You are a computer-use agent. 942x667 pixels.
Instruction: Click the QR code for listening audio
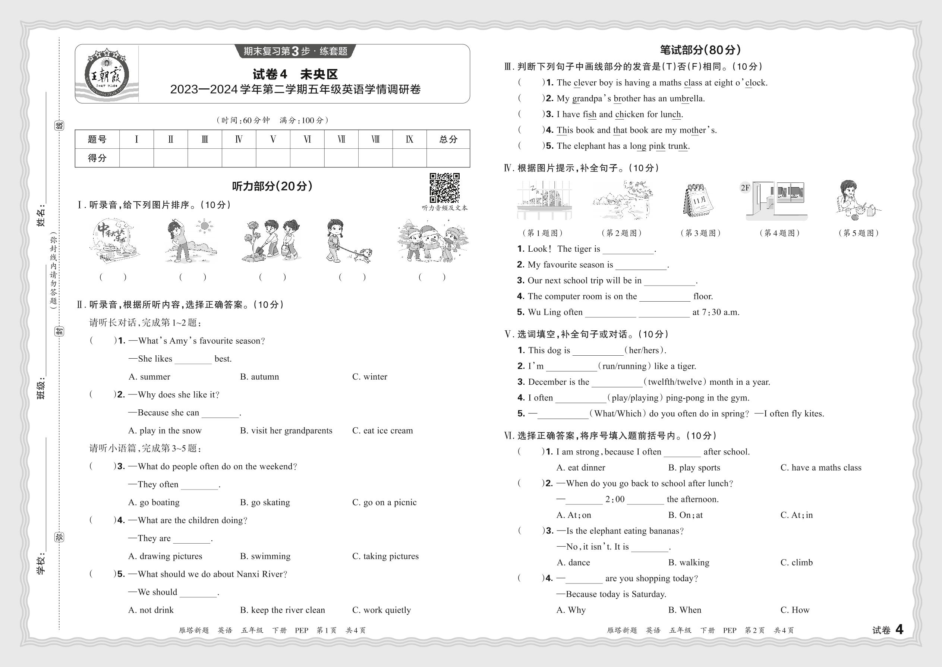point(444,188)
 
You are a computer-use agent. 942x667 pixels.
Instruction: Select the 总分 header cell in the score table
point(448,139)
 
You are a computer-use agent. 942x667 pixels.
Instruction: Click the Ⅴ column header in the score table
point(272,139)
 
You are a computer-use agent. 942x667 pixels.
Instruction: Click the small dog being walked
point(363,255)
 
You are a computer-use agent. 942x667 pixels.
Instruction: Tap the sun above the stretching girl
point(204,226)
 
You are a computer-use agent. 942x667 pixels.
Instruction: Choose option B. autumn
point(259,377)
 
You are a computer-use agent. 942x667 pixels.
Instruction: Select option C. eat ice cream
point(382,430)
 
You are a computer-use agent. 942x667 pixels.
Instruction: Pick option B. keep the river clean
point(282,610)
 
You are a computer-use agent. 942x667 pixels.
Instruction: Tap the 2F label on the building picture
point(745,188)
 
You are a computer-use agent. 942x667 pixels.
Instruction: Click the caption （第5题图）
point(858,233)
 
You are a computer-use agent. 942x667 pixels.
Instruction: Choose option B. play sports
point(694,468)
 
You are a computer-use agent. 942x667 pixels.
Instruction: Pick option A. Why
point(571,610)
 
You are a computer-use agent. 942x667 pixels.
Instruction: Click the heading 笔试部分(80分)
point(700,50)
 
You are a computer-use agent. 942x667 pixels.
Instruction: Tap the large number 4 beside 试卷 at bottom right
point(899,630)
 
